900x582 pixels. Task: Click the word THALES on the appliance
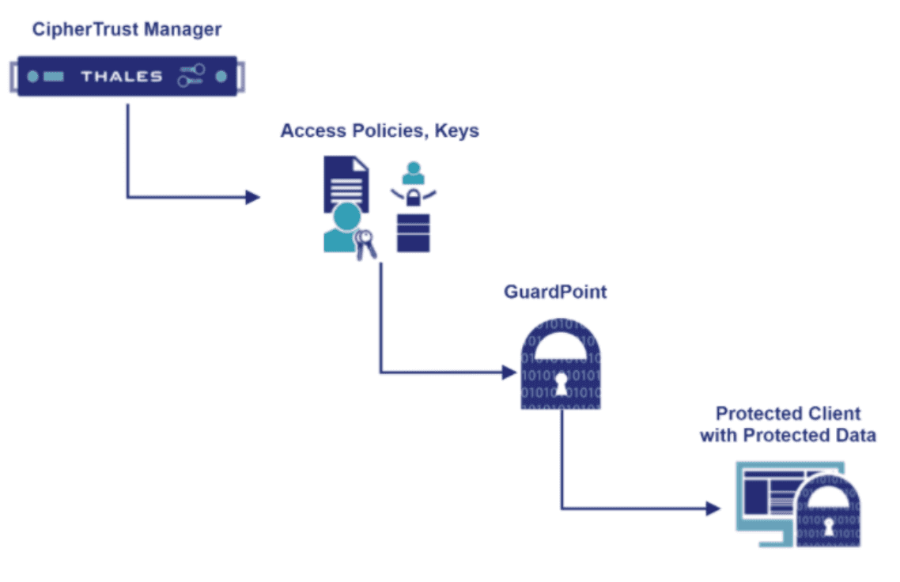[x=122, y=77]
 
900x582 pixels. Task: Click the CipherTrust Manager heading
[x=127, y=30]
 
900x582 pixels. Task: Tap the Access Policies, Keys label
[x=380, y=130]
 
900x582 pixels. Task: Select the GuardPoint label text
[x=555, y=292]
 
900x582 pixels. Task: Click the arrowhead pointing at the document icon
[x=252, y=197]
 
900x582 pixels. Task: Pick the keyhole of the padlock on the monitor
[x=828, y=525]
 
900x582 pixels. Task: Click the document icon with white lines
[x=346, y=183]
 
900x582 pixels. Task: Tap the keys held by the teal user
[x=365, y=244]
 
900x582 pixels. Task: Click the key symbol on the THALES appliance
[x=191, y=76]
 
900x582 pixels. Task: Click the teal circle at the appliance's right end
[x=221, y=77]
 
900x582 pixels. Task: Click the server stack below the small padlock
[x=413, y=232]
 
